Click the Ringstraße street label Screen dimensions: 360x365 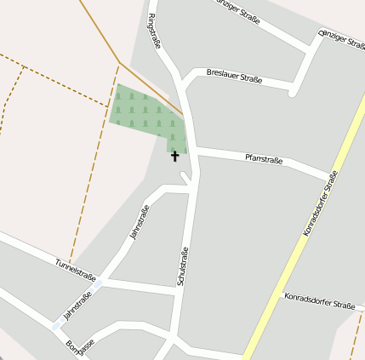(x=154, y=31)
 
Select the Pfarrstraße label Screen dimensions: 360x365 (x=264, y=158)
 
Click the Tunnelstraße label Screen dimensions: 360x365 (x=75, y=268)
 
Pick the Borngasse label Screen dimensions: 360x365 (x=80, y=349)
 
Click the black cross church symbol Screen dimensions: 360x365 (x=175, y=156)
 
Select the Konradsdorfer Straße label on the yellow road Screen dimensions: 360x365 (x=321, y=203)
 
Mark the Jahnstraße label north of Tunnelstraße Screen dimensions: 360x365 (x=138, y=223)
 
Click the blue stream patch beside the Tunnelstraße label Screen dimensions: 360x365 (x=99, y=284)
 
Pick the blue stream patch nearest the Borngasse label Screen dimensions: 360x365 (x=58, y=325)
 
